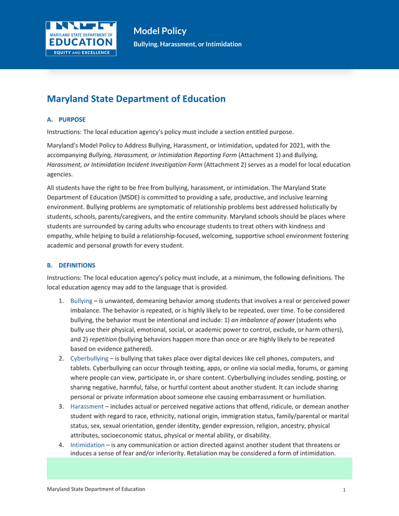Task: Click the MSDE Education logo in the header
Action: pos(80,38)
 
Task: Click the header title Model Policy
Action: pos(160,31)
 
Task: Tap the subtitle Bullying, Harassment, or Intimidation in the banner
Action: pos(188,44)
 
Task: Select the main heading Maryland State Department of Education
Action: pos(136,98)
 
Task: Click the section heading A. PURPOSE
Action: pos(66,119)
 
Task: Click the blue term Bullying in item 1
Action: pos(81,300)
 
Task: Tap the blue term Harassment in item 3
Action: pos(87,406)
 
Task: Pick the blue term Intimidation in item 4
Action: pos(87,445)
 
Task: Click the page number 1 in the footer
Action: pos(344,490)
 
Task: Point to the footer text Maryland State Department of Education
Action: pos(96,489)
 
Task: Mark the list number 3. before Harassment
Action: pos(61,406)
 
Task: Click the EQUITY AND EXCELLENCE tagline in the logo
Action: pos(80,53)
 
